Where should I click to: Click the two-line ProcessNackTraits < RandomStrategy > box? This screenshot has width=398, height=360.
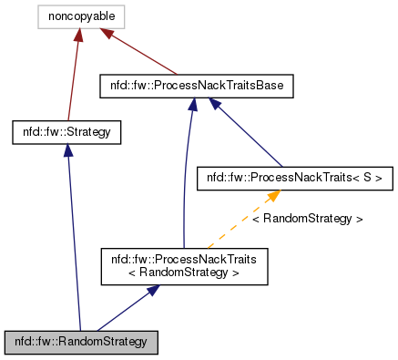(184, 266)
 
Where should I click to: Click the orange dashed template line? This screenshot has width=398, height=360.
(239, 224)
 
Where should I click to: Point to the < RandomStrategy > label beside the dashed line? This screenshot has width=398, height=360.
(307, 220)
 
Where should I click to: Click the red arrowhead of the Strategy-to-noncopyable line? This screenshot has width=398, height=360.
(79, 36)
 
